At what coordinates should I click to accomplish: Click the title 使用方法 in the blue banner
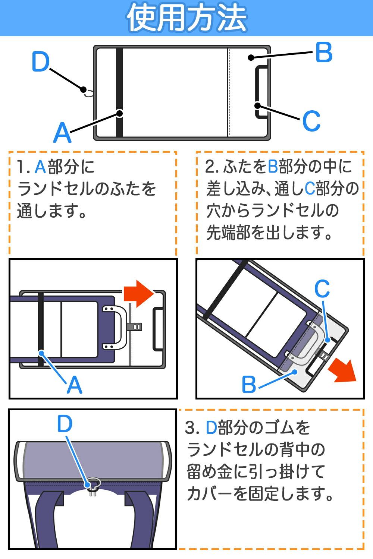186,18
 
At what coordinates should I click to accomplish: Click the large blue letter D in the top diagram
40,63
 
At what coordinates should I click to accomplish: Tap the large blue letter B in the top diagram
323,53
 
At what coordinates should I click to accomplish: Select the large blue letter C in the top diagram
311,121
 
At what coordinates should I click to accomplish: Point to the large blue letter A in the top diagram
62,133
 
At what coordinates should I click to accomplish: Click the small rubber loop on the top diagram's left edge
88,92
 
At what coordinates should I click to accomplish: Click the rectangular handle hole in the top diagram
261,92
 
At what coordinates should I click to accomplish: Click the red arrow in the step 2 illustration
342,370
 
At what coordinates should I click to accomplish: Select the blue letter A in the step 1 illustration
74,385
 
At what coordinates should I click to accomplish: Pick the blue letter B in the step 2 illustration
249,384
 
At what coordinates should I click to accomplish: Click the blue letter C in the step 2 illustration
322,288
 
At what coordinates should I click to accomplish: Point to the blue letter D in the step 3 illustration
65,424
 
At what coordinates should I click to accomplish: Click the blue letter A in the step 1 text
40,167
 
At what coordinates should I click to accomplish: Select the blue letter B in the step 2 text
273,167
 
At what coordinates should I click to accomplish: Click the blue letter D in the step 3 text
211,428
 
